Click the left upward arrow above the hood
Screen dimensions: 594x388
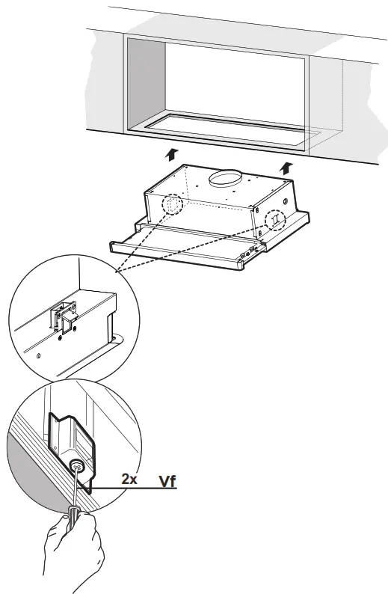click(172, 154)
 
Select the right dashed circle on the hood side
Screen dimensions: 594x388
click(276, 219)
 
